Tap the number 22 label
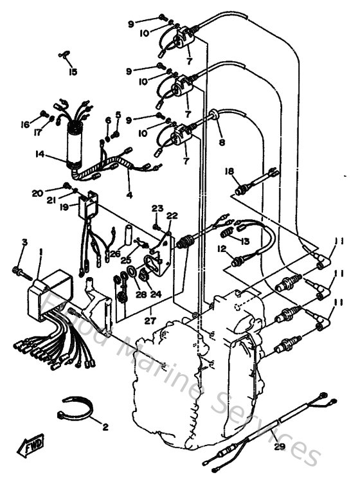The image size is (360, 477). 172,215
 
